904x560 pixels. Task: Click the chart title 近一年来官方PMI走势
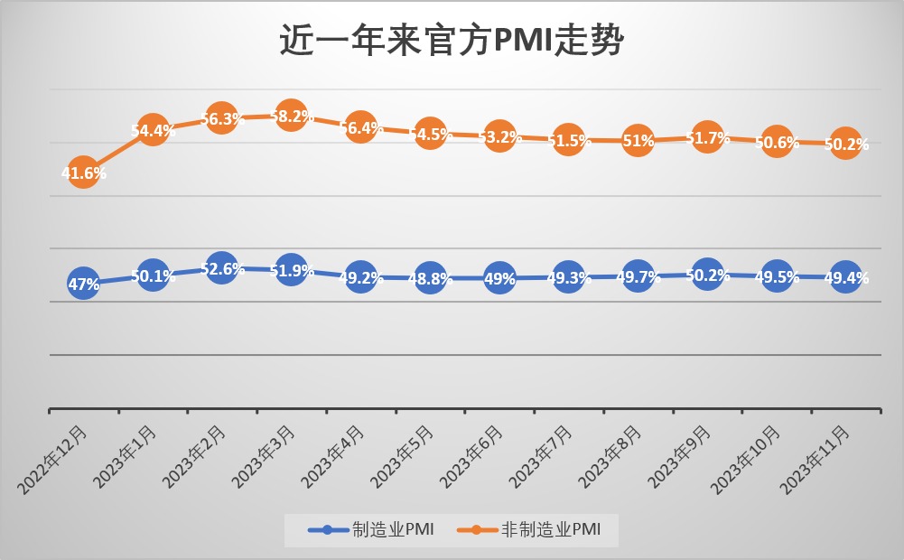tap(452, 41)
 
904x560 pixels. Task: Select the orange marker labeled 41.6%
tap(83, 173)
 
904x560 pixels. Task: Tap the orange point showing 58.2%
tap(290, 116)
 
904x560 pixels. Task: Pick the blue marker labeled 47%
tap(83, 285)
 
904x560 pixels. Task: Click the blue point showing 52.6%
tap(221, 268)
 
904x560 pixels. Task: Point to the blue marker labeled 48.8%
tap(429, 278)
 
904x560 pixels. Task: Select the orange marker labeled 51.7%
tap(706, 137)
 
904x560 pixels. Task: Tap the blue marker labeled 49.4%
tap(845, 277)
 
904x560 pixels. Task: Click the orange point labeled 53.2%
tap(499, 136)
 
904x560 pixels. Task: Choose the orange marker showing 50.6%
tap(777, 142)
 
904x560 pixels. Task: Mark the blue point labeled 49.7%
tap(638, 275)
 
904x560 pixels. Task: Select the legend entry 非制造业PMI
tap(533, 530)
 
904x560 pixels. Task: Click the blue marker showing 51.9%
tap(290, 270)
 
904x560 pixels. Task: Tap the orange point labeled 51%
tap(638, 141)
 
